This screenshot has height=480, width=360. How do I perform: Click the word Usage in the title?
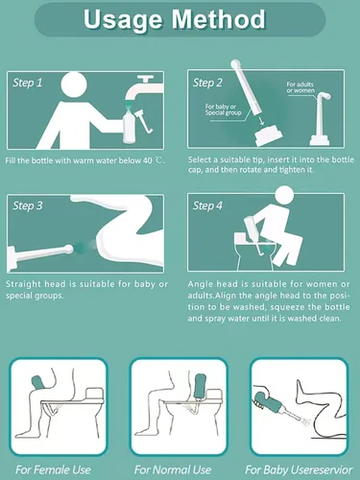pos(124,20)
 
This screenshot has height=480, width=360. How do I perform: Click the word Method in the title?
pos(219,19)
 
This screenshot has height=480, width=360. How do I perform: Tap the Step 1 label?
pos(28,83)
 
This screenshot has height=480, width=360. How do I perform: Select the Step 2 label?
pos(207,83)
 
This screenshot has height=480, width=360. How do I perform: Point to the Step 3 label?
pos(28,205)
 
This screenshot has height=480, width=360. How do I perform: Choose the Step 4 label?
pos(207,205)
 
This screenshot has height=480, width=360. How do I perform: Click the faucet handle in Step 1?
pos(145,79)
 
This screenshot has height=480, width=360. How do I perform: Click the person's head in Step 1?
pos(74,84)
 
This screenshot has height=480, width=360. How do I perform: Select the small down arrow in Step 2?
pos(262,121)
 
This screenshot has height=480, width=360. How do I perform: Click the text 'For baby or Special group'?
pos(224,109)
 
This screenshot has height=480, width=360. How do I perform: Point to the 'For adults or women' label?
pos(300,87)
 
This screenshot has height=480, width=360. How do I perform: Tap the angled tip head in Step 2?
pos(324,96)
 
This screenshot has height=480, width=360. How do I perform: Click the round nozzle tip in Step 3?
pos(69,249)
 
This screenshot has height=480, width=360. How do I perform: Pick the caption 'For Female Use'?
pos(53,469)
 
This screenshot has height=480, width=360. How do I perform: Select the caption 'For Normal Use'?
pos(173,469)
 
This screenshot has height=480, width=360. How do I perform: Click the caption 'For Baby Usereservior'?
pos(299,469)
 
